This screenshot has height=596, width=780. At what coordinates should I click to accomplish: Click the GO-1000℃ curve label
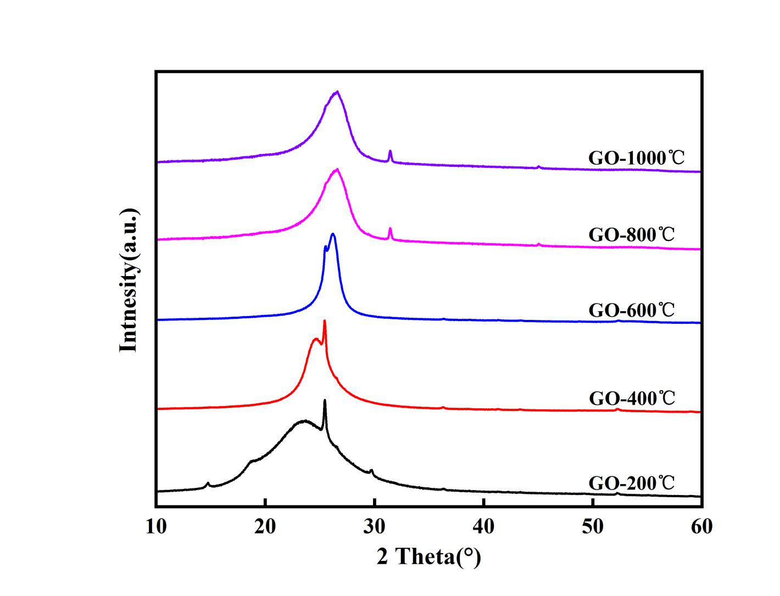(637, 158)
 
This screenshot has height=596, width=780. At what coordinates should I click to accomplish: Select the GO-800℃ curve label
(631, 235)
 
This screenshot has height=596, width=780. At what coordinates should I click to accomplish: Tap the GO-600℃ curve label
(631, 310)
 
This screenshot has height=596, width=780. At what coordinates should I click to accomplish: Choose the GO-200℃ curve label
(631, 483)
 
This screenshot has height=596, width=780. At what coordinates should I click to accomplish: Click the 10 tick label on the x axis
(157, 526)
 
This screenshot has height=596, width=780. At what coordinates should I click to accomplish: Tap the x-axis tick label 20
(265, 526)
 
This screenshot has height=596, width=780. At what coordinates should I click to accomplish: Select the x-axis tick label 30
(374, 526)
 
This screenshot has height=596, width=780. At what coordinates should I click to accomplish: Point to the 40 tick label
(483, 526)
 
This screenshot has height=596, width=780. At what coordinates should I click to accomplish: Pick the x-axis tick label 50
(592, 526)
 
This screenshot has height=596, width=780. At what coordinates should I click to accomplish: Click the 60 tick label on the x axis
(701, 526)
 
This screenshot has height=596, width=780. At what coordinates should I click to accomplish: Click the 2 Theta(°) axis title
(428, 557)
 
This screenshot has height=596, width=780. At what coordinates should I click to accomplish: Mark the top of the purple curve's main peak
(337, 92)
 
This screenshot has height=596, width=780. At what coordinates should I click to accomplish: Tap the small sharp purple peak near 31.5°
(390, 151)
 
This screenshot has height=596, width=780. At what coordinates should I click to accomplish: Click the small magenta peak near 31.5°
(390, 228)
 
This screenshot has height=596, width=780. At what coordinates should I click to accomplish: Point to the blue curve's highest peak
(332, 234)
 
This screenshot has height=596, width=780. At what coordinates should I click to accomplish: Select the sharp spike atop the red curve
(325, 321)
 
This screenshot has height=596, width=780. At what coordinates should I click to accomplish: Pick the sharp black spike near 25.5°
(325, 400)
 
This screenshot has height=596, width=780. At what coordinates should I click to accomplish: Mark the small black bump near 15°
(208, 483)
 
